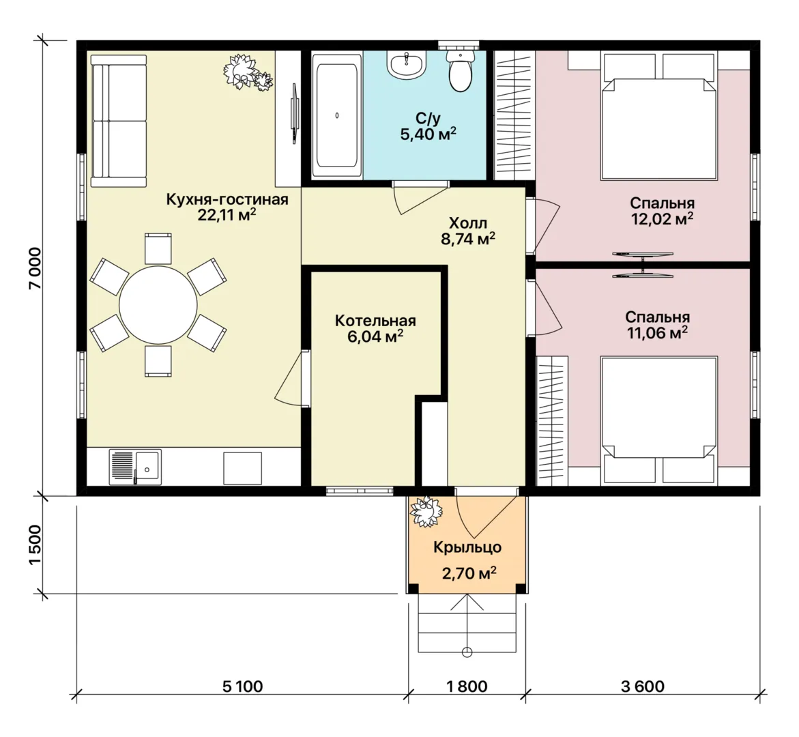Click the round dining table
[158, 305]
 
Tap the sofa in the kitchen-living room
[118, 121]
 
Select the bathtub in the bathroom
[336, 115]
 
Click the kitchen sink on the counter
[135, 467]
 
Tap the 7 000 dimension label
[35, 269]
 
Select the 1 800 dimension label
[467, 687]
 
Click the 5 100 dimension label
[242, 687]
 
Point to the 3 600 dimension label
[643, 687]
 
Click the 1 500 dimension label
[35, 545]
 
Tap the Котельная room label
[375, 321]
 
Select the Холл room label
[468, 222]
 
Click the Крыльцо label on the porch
[468, 547]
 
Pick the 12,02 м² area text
[662, 219]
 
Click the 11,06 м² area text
[657, 333]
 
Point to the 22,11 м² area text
[227, 215]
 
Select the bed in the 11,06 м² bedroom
[659, 420]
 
